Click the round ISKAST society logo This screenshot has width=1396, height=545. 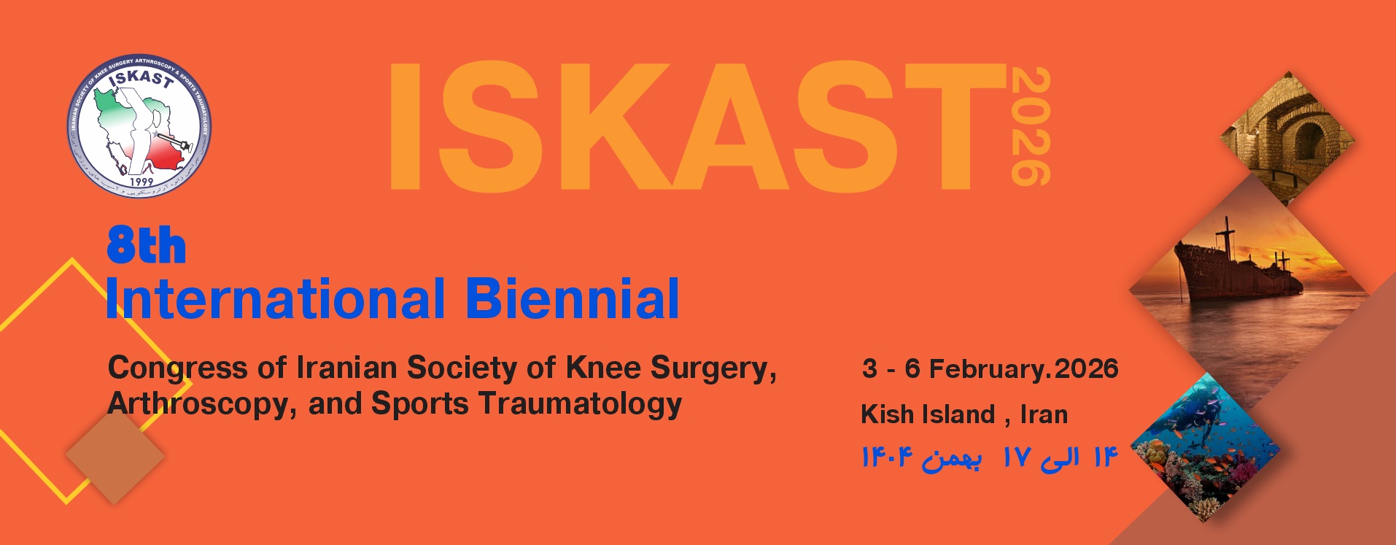139,126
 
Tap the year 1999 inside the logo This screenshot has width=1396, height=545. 141,181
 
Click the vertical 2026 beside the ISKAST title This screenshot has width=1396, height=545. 1030,125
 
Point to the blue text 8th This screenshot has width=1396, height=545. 146,246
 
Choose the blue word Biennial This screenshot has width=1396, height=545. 572,299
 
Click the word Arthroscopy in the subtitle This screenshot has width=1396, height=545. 201,404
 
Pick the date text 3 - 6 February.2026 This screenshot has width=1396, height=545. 990,368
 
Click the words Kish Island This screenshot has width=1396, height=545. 928,414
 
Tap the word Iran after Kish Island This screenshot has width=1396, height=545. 1044,414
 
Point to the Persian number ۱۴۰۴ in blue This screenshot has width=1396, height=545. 887,457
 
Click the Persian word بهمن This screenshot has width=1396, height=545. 952,459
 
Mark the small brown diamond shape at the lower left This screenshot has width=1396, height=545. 115,455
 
